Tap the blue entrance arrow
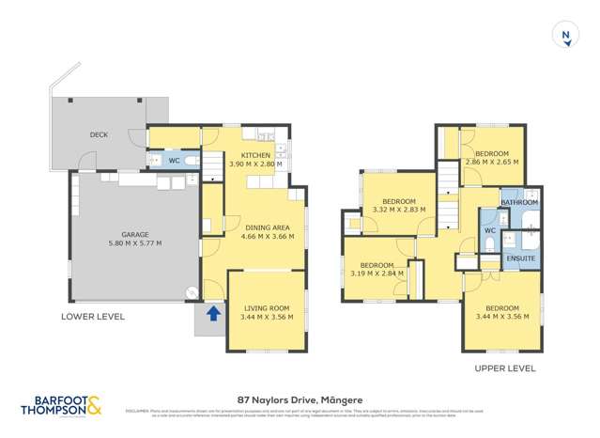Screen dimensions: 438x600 pyautogui.click(x=213, y=313)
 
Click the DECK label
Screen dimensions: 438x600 pyautogui.click(x=99, y=134)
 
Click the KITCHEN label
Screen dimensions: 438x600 pyautogui.click(x=255, y=155)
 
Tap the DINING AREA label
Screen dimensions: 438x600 pyautogui.click(x=269, y=227)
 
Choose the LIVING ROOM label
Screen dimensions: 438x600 pyautogui.click(x=267, y=307)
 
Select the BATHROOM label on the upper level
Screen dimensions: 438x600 pyautogui.click(x=519, y=202)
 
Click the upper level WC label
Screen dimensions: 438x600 pyautogui.click(x=489, y=230)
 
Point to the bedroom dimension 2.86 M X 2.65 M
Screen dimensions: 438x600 pyautogui.click(x=491, y=163)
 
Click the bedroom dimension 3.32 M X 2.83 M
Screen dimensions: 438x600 pyautogui.click(x=399, y=210)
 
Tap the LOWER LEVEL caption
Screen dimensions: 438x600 pyautogui.click(x=93, y=317)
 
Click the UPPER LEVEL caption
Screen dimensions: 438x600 pyautogui.click(x=504, y=368)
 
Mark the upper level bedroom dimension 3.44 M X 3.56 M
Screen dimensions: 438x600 pyautogui.click(x=502, y=317)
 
